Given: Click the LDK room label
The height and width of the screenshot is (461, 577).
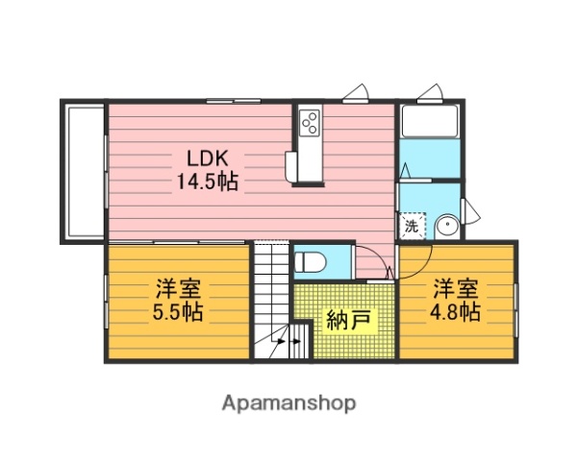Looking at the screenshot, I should click(206, 158).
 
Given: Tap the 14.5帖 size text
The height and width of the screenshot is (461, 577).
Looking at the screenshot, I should click(207, 180).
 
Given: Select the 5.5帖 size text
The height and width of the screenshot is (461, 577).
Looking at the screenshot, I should click(178, 312).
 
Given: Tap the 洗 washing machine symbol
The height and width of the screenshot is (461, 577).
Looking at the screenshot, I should click(411, 227).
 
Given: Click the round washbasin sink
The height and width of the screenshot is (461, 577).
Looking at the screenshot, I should click(446, 227).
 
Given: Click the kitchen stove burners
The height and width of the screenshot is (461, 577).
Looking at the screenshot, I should click(311, 122).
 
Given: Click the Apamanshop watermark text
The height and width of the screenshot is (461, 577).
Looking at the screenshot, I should click(289, 402).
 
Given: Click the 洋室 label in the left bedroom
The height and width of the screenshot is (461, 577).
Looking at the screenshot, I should click(178, 288).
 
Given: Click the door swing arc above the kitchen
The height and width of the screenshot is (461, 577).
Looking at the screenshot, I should click(355, 92).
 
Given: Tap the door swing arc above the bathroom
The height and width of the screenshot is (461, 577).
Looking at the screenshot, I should click(431, 92).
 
